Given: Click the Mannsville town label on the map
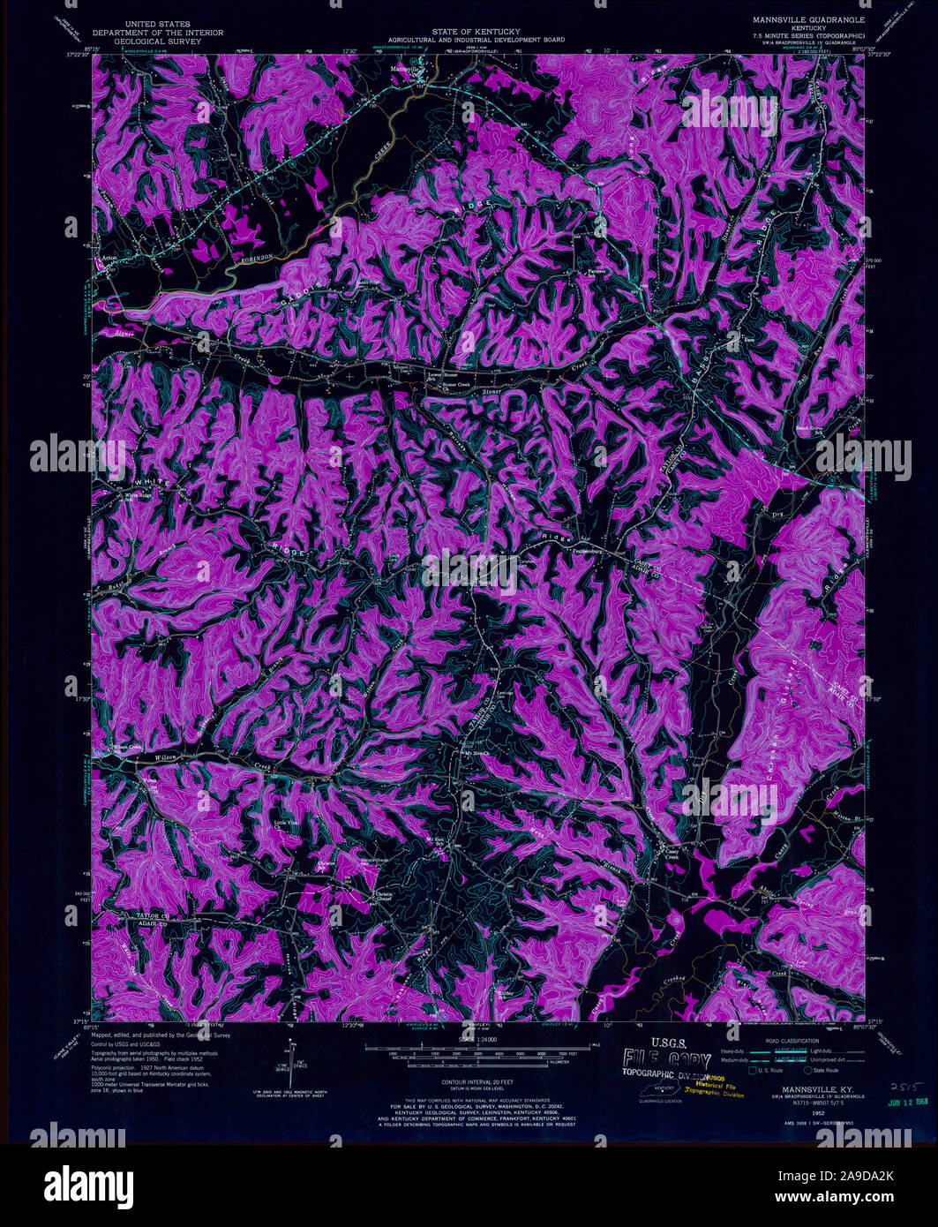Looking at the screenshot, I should [406, 68].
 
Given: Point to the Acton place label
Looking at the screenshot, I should [109, 258].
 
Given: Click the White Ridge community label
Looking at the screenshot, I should [139, 495].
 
